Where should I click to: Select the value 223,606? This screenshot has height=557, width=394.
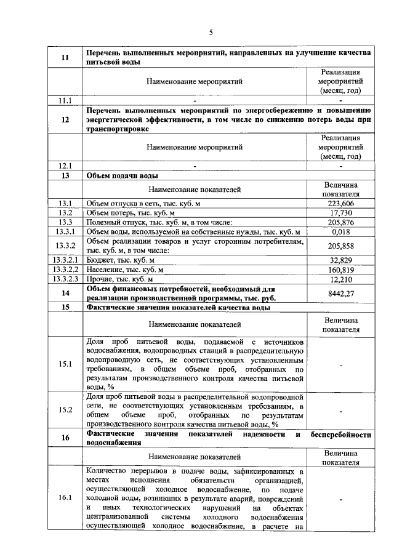point(340,204)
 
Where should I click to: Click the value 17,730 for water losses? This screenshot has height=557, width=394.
point(340,213)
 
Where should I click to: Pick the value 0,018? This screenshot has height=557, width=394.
point(340,231)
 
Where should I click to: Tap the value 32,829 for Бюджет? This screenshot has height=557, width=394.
point(340,260)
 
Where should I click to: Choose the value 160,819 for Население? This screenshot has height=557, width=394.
point(340,270)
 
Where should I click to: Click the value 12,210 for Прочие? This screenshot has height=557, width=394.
point(340,279)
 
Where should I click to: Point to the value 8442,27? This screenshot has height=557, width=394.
point(340,294)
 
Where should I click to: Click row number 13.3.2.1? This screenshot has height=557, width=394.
point(65,260)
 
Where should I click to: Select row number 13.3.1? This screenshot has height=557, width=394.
point(65,231)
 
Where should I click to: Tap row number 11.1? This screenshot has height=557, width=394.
point(65,100)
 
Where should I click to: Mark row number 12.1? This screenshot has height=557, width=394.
point(65,166)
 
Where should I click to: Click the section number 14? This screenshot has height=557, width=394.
point(65,294)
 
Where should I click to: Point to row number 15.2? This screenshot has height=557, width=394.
point(65,409)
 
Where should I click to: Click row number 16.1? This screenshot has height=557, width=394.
point(65,498)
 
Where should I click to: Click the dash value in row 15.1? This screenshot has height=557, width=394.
point(340,364)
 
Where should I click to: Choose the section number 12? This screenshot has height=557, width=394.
point(65,120)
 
